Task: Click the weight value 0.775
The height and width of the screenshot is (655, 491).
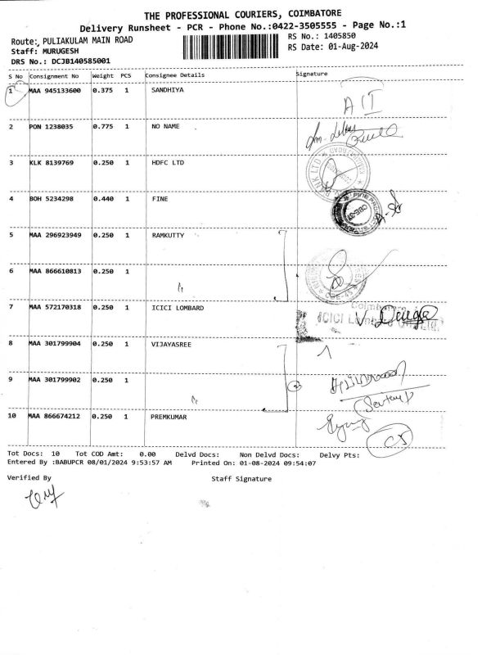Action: pos(102,127)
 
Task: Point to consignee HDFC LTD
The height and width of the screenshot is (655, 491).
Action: pos(169,163)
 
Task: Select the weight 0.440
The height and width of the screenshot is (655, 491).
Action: pos(102,199)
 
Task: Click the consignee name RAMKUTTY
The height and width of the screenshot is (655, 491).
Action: pos(170,235)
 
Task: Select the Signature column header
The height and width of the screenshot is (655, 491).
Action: pos(312,75)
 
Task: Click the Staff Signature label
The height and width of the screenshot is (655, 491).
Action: pos(241,478)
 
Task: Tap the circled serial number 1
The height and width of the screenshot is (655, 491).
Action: pos(12,92)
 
